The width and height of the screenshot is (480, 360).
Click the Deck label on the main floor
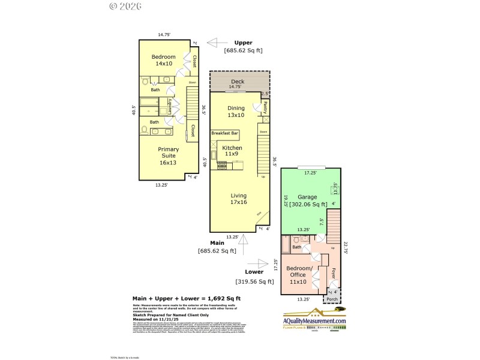(238, 82)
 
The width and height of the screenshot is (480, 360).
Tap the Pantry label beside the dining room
(265, 107)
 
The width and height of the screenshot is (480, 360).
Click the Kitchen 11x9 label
(232, 151)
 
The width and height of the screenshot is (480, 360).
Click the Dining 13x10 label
(236, 111)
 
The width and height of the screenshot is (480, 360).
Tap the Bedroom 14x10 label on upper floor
(163, 60)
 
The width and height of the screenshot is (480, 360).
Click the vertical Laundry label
(170, 107)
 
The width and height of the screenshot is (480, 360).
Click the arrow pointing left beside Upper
(213, 43)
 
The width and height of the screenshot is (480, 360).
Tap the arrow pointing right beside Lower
(262, 263)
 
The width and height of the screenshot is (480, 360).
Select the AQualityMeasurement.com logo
(315, 319)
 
